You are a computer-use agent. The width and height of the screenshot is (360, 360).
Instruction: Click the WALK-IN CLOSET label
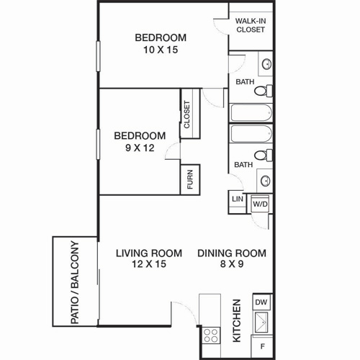click(x=250, y=25)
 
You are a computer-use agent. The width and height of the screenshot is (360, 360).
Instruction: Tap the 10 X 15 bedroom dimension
click(x=161, y=50)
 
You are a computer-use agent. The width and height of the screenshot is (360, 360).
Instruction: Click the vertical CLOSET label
click(x=187, y=114)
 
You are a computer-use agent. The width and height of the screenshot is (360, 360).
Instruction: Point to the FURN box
click(x=189, y=179)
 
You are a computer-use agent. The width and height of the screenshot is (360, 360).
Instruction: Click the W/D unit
click(x=259, y=204)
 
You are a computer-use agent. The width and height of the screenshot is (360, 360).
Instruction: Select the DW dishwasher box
click(x=261, y=302)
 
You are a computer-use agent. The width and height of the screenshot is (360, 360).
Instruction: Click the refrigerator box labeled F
click(x=261, y=346)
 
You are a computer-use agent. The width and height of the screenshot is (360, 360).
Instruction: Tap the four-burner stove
click(x=210, y=333)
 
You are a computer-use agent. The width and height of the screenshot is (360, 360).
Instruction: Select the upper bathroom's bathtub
click(x=251, y=113)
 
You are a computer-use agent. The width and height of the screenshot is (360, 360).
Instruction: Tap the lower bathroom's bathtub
click(x=251, y=134)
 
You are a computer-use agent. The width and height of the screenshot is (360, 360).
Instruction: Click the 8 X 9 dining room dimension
click(x=232, y=265)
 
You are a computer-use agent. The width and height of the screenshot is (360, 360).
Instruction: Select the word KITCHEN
click(x=236, y=320)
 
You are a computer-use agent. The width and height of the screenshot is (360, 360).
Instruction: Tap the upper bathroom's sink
click(x=265, y=63)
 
